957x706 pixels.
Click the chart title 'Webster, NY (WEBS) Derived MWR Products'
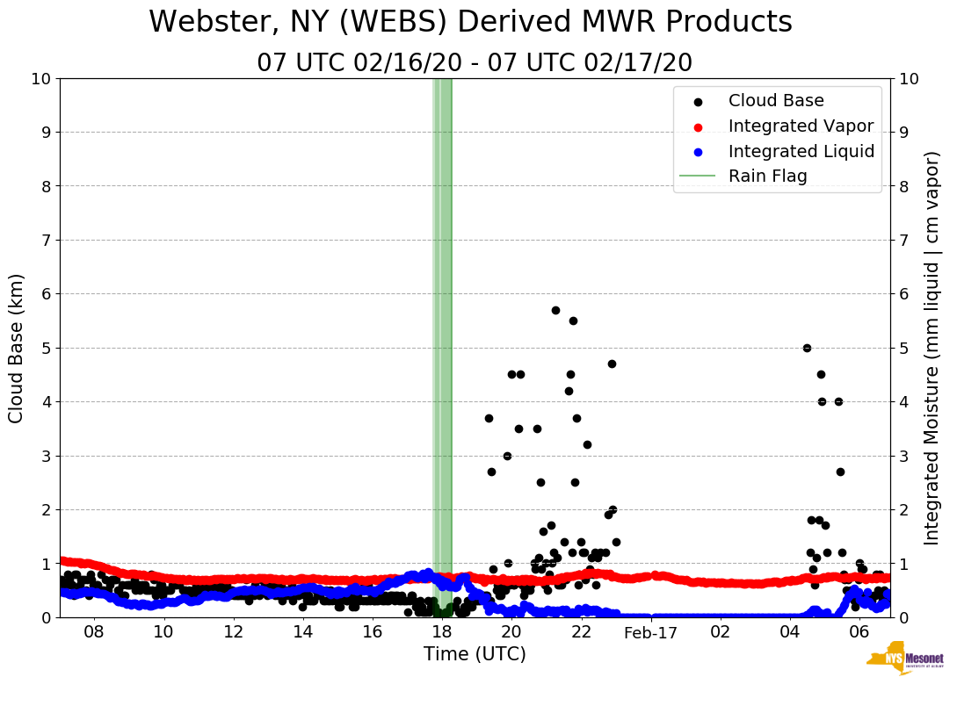point(470,22)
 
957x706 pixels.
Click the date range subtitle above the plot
point(475,63)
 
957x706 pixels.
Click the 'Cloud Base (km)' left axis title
point(17,348)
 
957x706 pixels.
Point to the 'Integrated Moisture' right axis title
point(932,348)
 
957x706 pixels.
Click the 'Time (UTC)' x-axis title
point(475,654)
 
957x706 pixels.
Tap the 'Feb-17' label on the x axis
point(650,632)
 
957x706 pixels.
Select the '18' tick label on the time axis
point(441,632)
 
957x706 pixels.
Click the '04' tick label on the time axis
point(789,632)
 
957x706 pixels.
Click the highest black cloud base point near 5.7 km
point(555,310)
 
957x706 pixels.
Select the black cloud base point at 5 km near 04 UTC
point(807,348)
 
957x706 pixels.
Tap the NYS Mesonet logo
point(904,662)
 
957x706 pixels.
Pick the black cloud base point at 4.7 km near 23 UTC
point(612,364)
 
